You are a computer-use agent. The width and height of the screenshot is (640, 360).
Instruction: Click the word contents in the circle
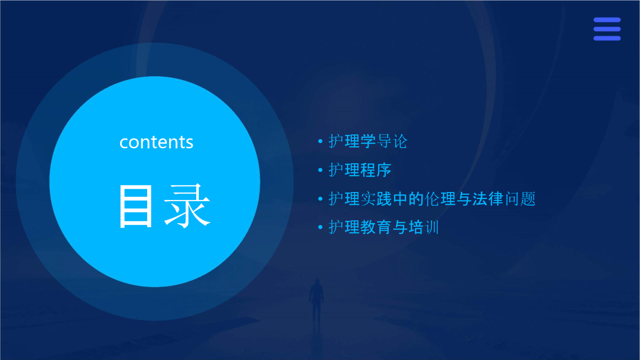pyautogui.click(x=156, y=142)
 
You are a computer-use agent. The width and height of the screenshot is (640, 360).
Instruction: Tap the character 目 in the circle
pyautogui.click(x=135, y=206)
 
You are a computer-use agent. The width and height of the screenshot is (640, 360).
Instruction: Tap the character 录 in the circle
pyautogui.click(x=187, y=206)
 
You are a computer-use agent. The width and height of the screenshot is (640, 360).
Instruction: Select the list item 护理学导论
pyautogui.click(x=367, y=141)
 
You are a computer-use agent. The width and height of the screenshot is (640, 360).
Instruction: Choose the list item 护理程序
pyautogui.click(x=359, y=170)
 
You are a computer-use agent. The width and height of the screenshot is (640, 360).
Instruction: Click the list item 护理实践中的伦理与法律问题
pyautogui.click(x=431, y=198)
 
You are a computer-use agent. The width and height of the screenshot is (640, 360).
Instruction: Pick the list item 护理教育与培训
pyautogui.click(x=383, y=227)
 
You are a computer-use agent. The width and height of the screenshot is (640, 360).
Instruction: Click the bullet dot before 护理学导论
pyautogui.click(x=321, y=141)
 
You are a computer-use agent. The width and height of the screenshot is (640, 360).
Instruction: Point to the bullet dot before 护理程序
pyautogui.click(x=321, y=170)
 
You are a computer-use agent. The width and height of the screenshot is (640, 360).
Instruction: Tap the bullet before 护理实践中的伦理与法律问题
pyautogui.click(x=321, y=198)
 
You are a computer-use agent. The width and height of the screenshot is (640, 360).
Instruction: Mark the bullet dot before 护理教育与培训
pyautogui.click(x=321, y=227)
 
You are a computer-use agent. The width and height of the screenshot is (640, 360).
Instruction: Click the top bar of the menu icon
pyautogui.click(x=607, y=20)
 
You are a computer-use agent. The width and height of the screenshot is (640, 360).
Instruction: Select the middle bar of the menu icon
pyautogui.click(x=607, y=29)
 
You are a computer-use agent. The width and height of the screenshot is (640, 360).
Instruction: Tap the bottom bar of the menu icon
pyautogui.click(x=607, y=38)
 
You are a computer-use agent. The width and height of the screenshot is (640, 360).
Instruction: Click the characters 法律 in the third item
pyautogui.click(x=487, y=198)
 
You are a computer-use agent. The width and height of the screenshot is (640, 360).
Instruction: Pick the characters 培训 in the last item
pyautogui.click(x=423, y=227)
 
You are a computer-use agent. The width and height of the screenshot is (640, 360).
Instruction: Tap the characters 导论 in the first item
pyautogui.click(x=392, y=141)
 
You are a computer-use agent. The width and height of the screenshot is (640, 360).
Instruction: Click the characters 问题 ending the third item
pyautogui.click(x=520, y=198)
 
